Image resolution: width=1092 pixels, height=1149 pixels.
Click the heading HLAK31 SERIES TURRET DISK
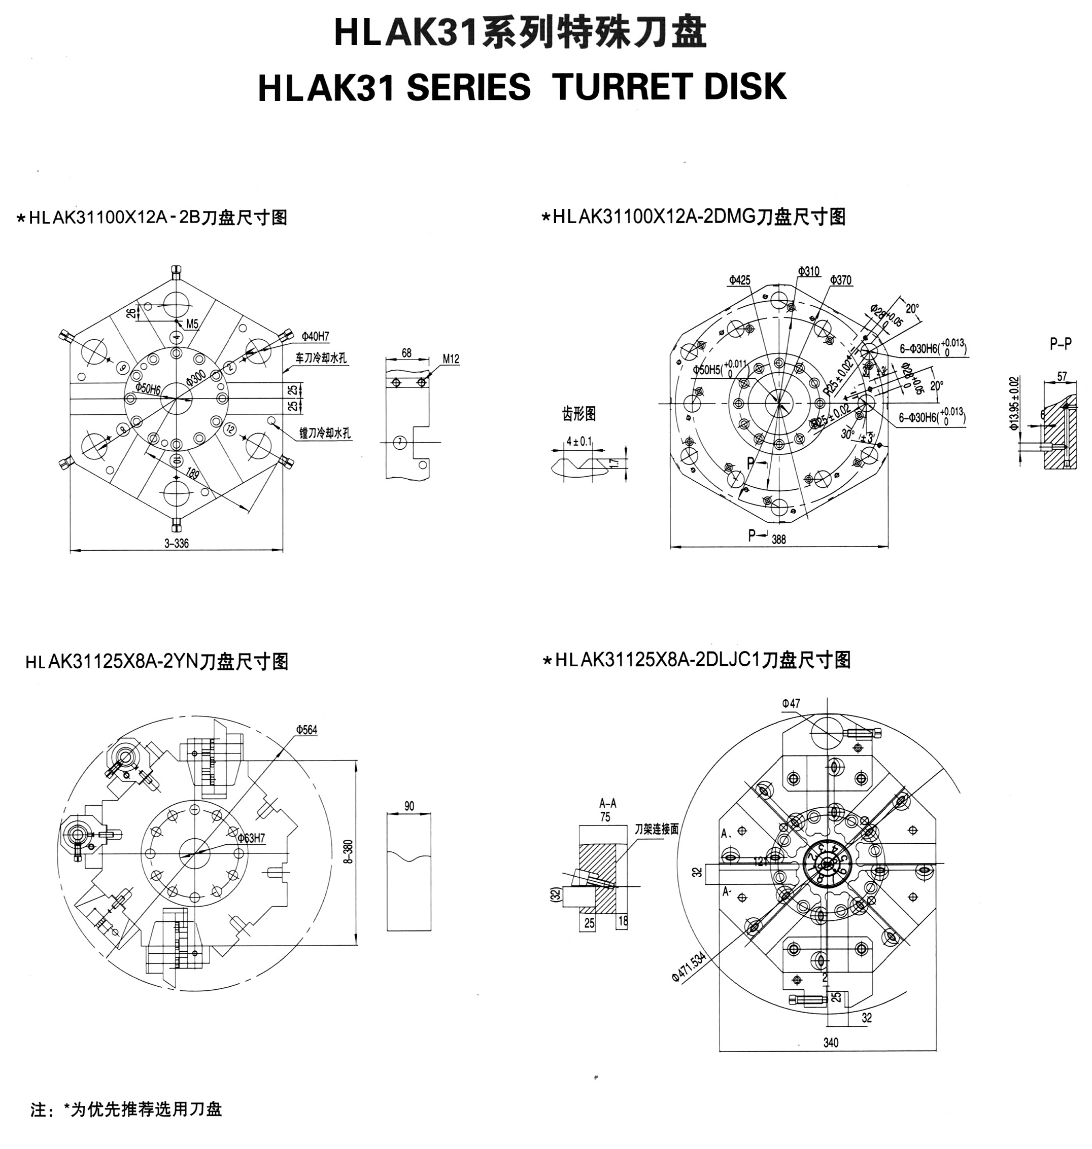(x=522, y=88)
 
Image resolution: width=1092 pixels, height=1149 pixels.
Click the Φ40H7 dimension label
(x=315, y=336)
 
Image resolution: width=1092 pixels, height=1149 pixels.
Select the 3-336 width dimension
(x=177, y=544)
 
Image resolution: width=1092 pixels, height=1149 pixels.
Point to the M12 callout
(x=451, y=359)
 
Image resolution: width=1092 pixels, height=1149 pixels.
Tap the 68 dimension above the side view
(x=406, y=353)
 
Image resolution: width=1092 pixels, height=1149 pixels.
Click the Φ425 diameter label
(x=739, y=280)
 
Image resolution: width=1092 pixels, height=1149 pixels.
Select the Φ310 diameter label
(x=808, y=271)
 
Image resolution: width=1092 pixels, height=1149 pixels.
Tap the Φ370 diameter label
(x=840, y=280)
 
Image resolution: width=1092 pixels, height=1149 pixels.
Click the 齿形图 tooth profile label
(x=578, y=414)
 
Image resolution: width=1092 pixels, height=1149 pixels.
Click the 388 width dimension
(x=778, y=540)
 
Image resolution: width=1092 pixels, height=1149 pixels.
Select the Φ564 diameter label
(x=306, y=730)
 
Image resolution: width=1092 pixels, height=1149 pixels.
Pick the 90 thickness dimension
(x=408, y=806)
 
